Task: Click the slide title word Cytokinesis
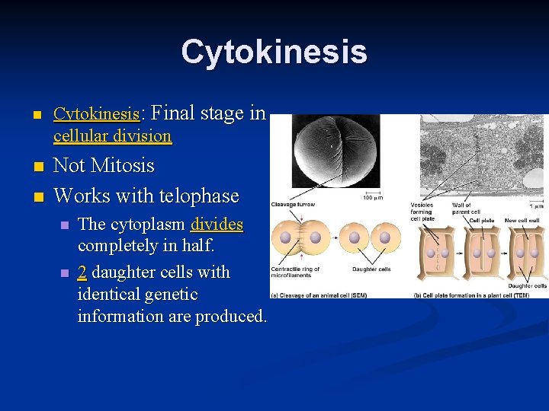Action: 274,52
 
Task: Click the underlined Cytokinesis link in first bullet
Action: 96,115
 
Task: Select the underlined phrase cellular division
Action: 112,136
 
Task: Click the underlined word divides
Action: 217,225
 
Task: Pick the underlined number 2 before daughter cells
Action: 82,272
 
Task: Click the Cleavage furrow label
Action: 294,204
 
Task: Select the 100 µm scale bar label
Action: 374,198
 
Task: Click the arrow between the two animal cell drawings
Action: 341,237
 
